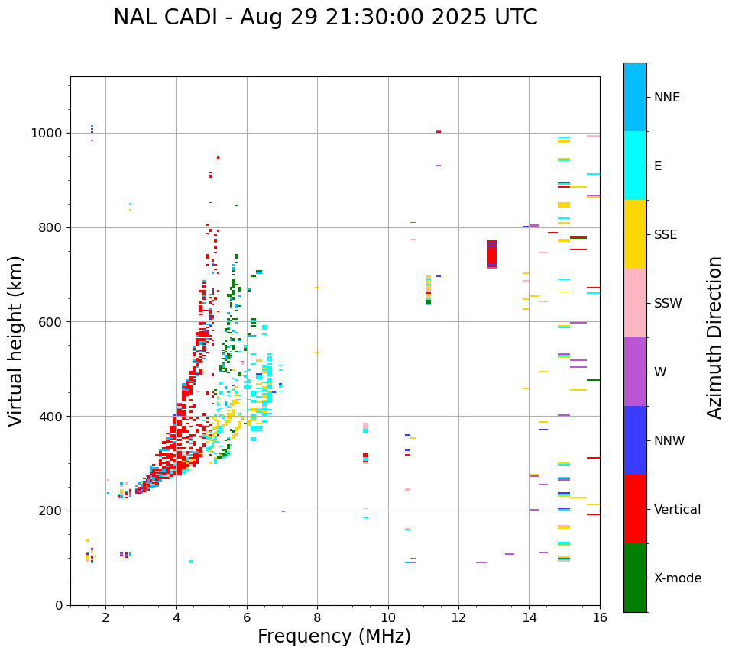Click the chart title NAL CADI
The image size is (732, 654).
(x=326, y=18)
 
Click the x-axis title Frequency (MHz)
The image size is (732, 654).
(x=334, y=636)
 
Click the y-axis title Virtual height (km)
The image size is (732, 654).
(x=16, y=340)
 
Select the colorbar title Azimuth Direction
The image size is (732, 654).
(x=714, y=337)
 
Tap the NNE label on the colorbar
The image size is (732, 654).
(x=666, y=98)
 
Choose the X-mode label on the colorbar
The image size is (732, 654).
(x=677, y=578)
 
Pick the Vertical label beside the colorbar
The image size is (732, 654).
(x=677, y=510)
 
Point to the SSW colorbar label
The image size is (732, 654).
(x=668, y=304)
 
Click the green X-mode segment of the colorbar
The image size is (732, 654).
(x=635, y=578)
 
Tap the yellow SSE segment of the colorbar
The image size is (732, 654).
(x=635, y=234)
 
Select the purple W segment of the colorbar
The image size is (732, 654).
(x=635, y=372)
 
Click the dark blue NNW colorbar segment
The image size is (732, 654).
(x=635, y=440)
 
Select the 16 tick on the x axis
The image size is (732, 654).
(x=600, y=617)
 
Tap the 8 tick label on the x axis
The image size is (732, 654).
(x=317, y=617)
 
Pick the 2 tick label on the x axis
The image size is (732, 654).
(x=105, y=617)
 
